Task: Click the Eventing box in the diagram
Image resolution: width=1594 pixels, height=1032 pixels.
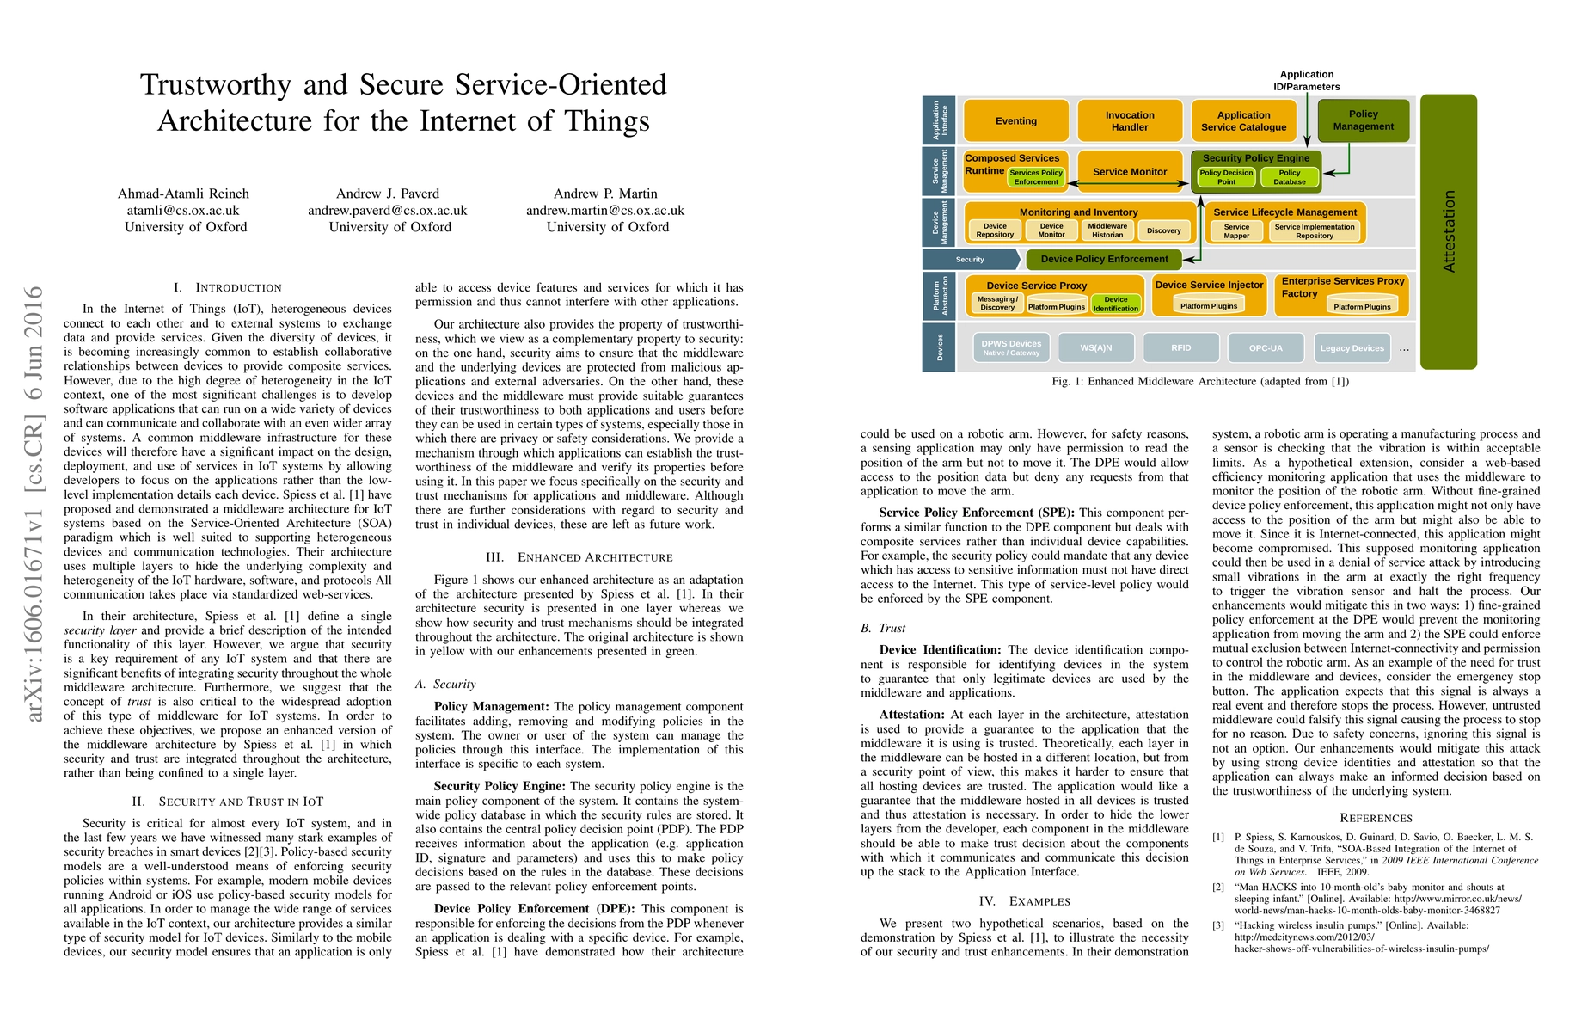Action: [1016, 121]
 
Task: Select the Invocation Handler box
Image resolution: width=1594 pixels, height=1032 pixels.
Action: [1130, 121]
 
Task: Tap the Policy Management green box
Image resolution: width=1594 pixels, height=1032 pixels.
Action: [1363, 120]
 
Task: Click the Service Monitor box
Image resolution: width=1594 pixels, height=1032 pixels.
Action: [1130, 172]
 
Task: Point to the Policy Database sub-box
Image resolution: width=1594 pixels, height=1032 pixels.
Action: [1289, 177]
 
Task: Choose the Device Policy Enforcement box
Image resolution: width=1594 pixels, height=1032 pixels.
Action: [1104, 259]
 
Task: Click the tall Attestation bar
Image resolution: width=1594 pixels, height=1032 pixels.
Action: [1448, 231]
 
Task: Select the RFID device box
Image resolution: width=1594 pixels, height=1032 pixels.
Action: [1180, 348]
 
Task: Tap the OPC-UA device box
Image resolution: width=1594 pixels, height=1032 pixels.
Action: [1266, 348]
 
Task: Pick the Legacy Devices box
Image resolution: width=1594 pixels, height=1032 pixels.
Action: [1352, 348]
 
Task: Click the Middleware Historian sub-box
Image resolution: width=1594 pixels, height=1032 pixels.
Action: [1107, 230]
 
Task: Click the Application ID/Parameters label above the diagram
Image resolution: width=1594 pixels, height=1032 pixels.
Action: [1306, 80]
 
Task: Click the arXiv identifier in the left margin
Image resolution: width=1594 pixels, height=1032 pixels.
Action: [34, 503]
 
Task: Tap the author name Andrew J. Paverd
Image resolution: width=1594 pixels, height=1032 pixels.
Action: [388, 193]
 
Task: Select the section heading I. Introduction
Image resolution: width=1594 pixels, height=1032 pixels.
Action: [227, 287]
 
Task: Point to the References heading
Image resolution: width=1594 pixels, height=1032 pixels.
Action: [1376, 818]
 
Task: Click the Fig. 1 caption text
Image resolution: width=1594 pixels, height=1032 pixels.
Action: [1200, 381]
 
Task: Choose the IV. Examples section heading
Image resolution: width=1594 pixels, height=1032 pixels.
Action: [1024, 901]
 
